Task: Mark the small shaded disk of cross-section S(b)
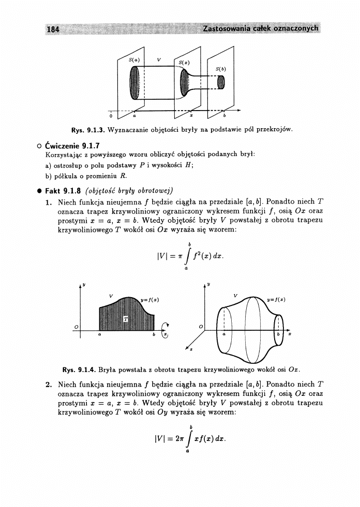[221, 82]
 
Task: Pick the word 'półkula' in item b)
[63, 175]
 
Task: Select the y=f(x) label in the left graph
[151, 298]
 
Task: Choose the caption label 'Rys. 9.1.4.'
[77, 370]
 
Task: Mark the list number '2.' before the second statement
[48, 385]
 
